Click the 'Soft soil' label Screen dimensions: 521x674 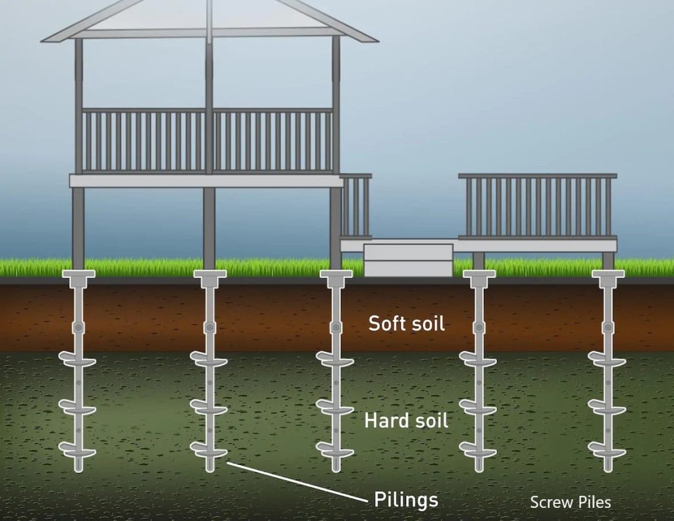click(406, 323)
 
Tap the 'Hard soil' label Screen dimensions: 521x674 click(406, 420)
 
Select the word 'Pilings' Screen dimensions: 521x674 click(406, 499)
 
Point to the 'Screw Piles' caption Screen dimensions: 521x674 click(570, 503)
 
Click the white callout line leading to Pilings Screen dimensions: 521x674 click(296, 481)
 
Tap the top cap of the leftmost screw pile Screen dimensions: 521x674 click(78, 275)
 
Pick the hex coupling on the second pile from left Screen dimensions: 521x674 click(209, 327)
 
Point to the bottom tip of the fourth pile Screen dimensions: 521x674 click(479, 467)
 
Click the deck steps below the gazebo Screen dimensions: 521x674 click(408, 260)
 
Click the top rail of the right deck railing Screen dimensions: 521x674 click(537, 176)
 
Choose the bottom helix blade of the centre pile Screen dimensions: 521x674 click(335, 450)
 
